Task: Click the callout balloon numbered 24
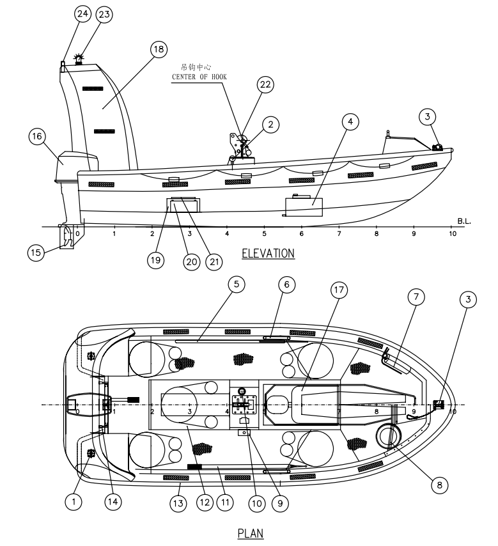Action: pyautogui.click(x=83, y=14)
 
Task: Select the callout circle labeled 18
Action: pyautogui.click(x=158, y=49)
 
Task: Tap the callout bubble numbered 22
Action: pyautogui.click(x=265, y=84)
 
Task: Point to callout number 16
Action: pyautogui.click(x=37, y=136)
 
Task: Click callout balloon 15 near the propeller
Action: pyautogui.click(x=36, y=253)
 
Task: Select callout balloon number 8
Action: pyautogui.click(x=439, y=485)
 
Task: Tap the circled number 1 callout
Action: pyautogui.click(x=74, y=503)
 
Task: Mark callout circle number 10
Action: pyautogui.click(x=256, y=504)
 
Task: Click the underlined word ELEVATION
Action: pyautogui.click(x=268, y=254)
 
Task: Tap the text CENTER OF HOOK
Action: pyautogui.click(x=200, y=77)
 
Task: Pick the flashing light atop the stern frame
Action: pyautogui.click(x=80, y=59)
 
